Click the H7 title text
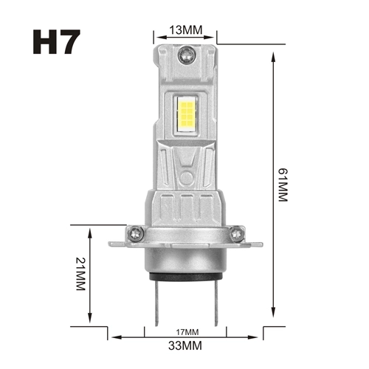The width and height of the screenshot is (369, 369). (x=55, y=41)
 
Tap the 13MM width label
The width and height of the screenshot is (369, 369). (x=185, y=30)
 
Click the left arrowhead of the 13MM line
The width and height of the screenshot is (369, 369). (x=156, y=35)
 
